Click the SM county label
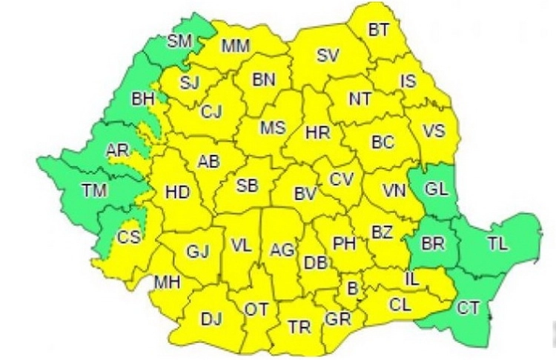pyautogui.click(x=179, y=41)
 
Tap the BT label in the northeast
pyautogui.click(x=380, y=30)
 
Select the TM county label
pyautogui.click(x=94, y=191)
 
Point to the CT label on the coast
pyautogui.click(x=468, y=308)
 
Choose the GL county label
pyautogui.click(x=436, y=189)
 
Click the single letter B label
pyautogui.click(x=352, y=287)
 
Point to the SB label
pyautogui.click(x=247, y=186)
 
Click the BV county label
pyautogui.click(x=305, y=195)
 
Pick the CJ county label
pyautogui.click(x=211, y=112)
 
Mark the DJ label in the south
pyautogui.click(x=211, y=319)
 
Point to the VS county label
pyautogui.click(x=434, y=131)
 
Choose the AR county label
pyautogui.click(x=117, y=150)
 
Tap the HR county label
pyautogui.click(x=317, y=133)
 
